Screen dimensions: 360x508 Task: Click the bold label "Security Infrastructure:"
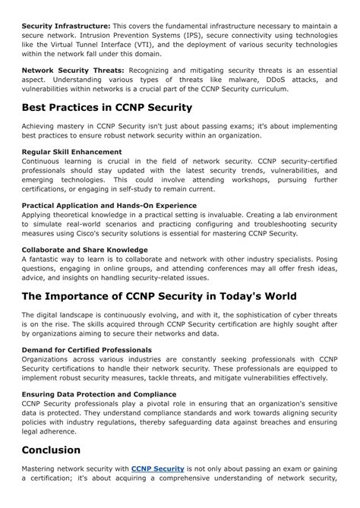coord(66,26)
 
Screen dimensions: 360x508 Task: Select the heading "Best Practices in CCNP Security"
coord(107,107)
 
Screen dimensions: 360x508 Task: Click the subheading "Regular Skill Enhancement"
coord(71,151)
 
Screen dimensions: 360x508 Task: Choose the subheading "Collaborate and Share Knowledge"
coord(84,249)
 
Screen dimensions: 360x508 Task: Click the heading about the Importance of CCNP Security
coord(159,295)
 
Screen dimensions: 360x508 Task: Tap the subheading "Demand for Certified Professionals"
coord(87,349)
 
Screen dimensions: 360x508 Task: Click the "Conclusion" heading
coord(51,450)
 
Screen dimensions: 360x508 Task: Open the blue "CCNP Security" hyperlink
coord(157,469)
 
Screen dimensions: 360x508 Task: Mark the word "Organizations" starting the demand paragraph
coord(47,359)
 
